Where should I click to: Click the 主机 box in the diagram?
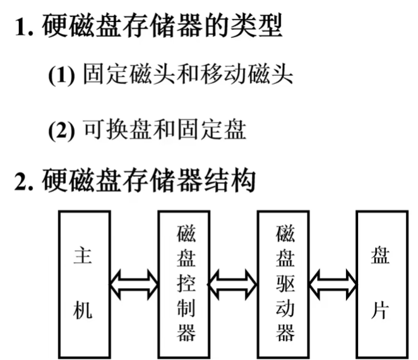pos(83,283)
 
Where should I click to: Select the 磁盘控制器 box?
pos(186,283)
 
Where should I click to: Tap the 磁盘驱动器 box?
pos(284,283)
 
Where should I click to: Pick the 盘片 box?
pos(382,283)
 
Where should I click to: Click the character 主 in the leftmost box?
pos(83,256)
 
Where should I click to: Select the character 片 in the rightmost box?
pos(381,311)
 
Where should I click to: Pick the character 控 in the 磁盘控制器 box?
pos(186,283)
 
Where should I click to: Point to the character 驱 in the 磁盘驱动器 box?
pos(284,283)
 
